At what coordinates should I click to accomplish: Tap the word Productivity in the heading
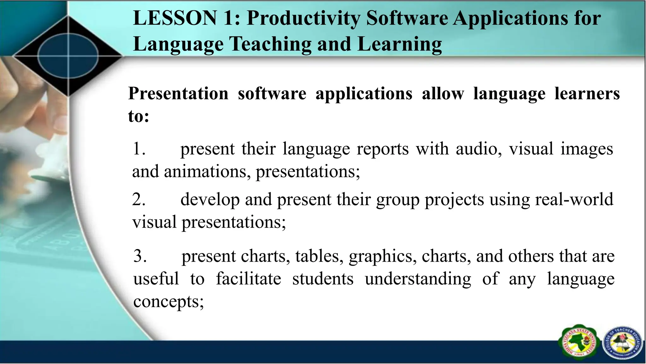pos(303,19)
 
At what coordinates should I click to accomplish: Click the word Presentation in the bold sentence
pos(178,94)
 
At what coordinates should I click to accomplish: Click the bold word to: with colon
pos(138,116)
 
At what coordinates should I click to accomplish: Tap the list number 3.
pos(140,256)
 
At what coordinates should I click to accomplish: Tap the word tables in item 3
pos(319,256)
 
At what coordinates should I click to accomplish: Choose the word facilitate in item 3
pos(248,279)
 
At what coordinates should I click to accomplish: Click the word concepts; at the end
pos(168,302)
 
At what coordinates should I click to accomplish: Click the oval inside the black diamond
pos(68,56)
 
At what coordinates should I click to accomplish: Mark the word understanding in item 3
pos(418,279)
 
